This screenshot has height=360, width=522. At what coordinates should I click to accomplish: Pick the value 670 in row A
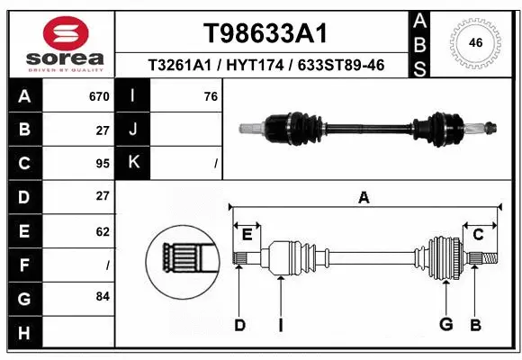pos(99,96)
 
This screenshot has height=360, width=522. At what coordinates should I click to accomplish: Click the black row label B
pos(23,130)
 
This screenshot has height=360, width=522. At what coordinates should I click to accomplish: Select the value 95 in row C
pos(102,164)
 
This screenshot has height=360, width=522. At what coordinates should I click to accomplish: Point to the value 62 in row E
pos(102,231)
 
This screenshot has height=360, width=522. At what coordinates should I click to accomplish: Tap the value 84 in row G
pos(102,295)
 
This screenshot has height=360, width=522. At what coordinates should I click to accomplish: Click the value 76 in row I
pos(211,96)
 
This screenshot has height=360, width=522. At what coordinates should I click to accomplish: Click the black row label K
pos(133,163)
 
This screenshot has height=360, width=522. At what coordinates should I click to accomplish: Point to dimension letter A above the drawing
pos(364,198)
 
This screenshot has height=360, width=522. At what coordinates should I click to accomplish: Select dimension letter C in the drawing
pos(479,235)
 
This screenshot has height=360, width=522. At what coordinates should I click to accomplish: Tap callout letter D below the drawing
pos(239,325)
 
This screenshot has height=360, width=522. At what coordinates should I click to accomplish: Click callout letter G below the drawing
pos(445,325)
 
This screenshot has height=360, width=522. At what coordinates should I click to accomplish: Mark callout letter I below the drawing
pos(281,325)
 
